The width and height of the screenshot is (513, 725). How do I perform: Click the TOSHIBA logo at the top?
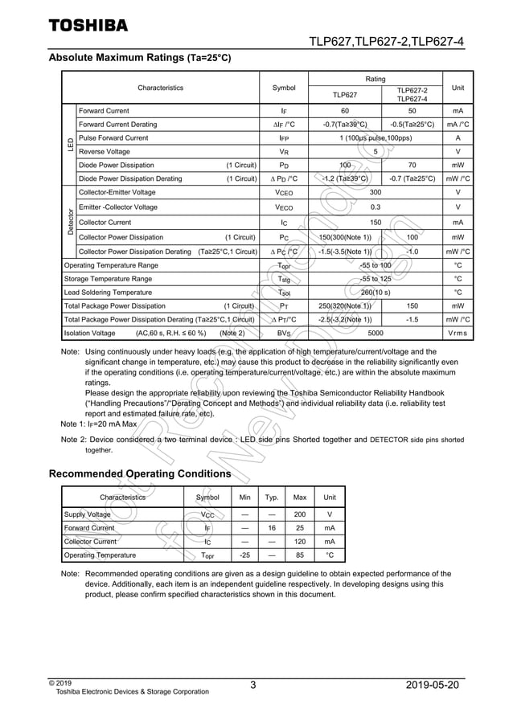[88, 25]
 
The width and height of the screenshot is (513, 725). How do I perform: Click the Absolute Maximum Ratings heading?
[140, 58]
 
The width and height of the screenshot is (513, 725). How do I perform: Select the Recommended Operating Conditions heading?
[140, 474]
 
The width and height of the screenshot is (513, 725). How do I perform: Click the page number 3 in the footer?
[252, 685]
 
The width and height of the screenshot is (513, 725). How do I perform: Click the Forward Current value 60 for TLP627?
[345, 111]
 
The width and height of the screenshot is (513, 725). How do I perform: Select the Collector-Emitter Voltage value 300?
[375, 193]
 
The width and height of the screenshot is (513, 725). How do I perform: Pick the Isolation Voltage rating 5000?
[375, 333]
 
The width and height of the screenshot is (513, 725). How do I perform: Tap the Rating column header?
[375, 80]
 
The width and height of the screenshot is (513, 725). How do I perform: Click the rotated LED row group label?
[70, 145]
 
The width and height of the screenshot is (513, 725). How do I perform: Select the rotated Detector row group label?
[70, 220]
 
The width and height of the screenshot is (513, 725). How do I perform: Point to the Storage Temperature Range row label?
[108, 279]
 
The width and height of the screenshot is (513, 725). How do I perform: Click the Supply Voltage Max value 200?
[300, 514]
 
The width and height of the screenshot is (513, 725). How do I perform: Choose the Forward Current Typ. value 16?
[273, 528]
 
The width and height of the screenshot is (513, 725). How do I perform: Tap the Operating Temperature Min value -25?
[245, 555]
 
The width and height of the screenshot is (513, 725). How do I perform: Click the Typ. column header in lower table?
[273, 498]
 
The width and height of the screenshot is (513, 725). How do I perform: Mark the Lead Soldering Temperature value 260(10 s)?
[375, 293]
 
